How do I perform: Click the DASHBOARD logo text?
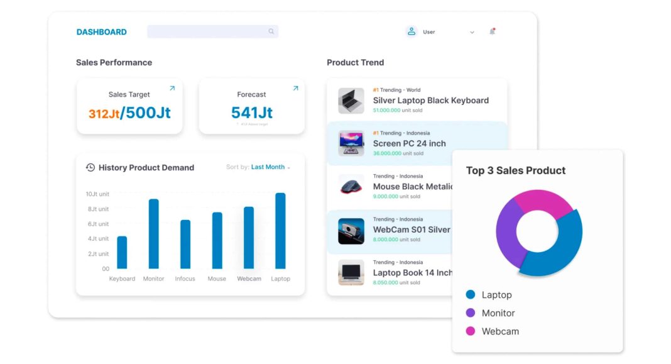pyautogui.click(x=101, y=32)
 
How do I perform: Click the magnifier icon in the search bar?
pyautogui.click(x=271, y=31)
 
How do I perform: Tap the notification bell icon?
pyautogui.click(x=492, y=31)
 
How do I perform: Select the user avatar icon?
pyautogui.click(x=412, y=31)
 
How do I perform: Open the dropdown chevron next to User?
pyautogui.click(x=472, y=32)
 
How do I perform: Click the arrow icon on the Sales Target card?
pyautogui.click(x=172, y=88)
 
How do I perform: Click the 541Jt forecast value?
pyautogui.click(x=251, y=113)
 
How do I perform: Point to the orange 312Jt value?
pyautogui.click(x=104, y=114)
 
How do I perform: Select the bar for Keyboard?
pyautogui.click(x=122, y=252)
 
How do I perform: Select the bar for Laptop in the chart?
pyautogui.click(x=280, y=231)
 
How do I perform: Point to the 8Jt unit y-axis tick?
pyautogui.click(x=97, y=209)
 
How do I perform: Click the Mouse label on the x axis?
pyautogui.click(x=217, y=279)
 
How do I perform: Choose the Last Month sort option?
pyautogui.click(x=268, y=167)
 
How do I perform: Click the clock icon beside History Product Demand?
pyautogui.click(x=90, y=167)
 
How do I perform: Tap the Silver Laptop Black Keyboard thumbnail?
pyautogui.click(x=351, y=101)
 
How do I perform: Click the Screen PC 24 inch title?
pyautogui.click(x=409, y=143)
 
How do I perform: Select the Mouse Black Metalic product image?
pyautogui.click(x=351, y=187)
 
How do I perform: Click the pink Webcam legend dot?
pyautogui.click(x=471, y=331)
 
